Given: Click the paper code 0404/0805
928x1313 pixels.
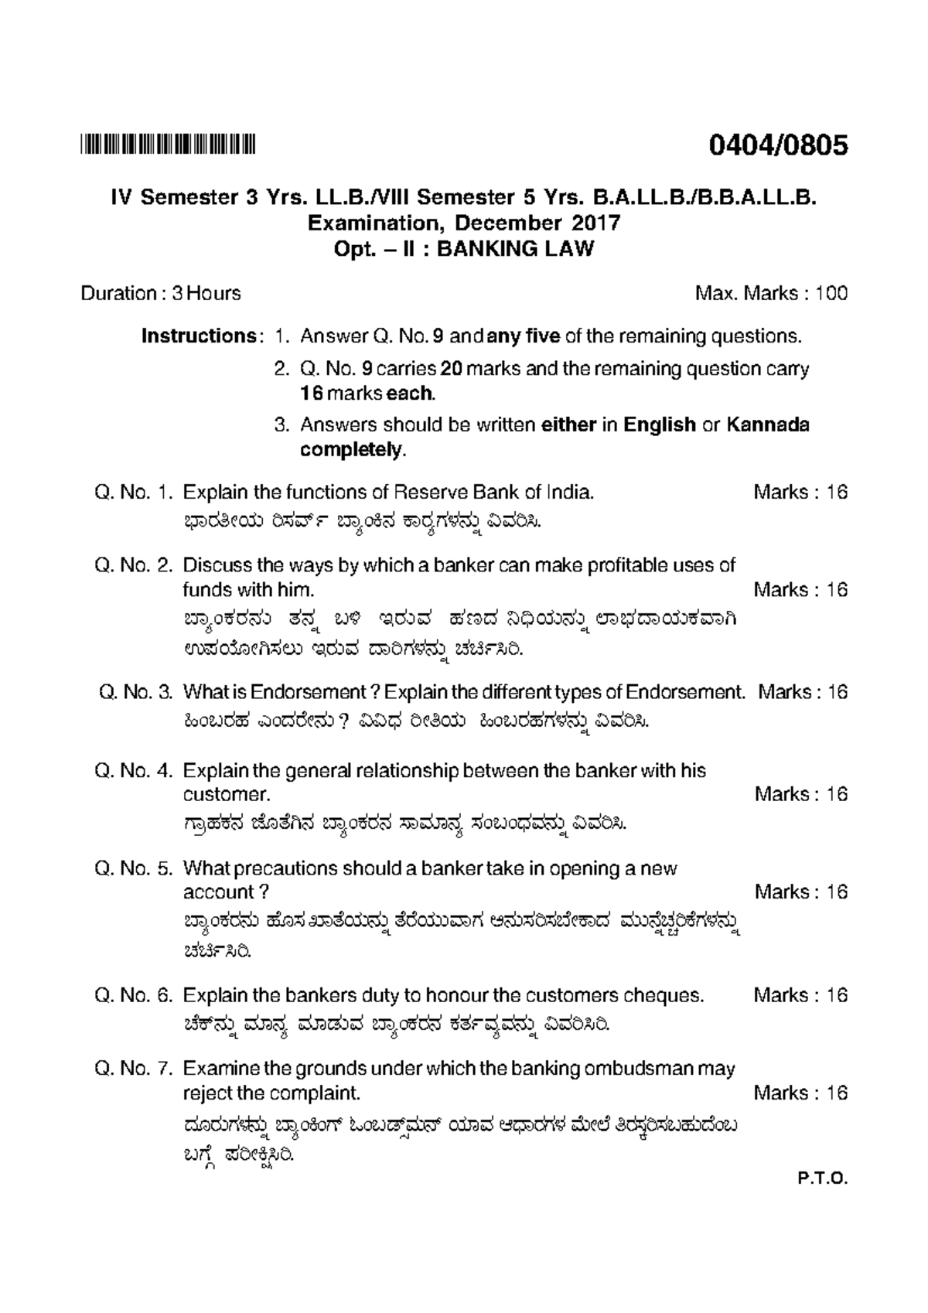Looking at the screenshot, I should tap(778, 145).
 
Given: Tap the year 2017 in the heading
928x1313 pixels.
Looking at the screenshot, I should tap(597, 223).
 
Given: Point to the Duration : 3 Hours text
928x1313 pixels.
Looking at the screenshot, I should tap(161, 294).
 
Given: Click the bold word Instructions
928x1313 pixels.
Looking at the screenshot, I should tap(198, 336).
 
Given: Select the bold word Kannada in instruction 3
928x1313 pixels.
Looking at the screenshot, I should tap(768, 425).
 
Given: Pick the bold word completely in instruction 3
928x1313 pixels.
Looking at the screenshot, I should tap(351, 450).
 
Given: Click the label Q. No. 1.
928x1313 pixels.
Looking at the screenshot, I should tap(133, 493).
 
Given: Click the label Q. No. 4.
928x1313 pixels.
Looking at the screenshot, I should tap(133, 771).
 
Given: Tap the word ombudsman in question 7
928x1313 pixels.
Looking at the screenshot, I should tap(640, 1069).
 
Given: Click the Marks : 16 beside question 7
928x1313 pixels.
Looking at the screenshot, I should tap(800, 1093).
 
